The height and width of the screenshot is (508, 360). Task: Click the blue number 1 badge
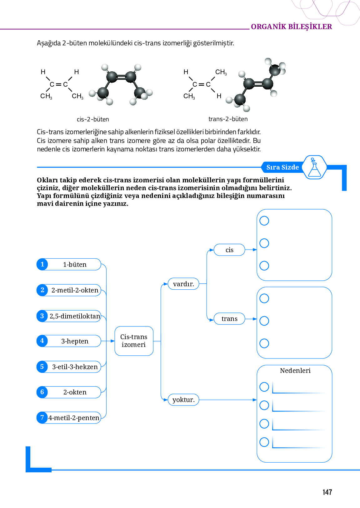tap(42, 264)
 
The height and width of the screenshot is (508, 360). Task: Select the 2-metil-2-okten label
tap(75, 290)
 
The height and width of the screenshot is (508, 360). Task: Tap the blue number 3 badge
tap(42, 316)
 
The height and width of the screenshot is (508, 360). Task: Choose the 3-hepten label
tap(75, 341)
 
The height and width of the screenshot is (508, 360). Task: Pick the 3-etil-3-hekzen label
tap(75, 367)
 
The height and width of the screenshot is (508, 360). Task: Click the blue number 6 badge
tap(42, 392)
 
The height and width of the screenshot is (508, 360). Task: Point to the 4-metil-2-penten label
tap(74, 418)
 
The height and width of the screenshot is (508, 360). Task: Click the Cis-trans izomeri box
tap(134, 341)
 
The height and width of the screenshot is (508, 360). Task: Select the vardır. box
tap(183, 284)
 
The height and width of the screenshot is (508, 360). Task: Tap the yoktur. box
tap(183, 400)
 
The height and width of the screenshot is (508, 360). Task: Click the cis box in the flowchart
tap(229, 250)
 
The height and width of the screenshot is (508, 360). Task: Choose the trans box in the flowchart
tap(229, 319)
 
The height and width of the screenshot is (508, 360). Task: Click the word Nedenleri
tap(295, 371)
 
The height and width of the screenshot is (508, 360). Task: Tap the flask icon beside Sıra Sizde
tap(314, 168)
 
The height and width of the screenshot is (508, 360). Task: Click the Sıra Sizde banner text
tap(282, 167)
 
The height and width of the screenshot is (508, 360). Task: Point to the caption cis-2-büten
tap(93, 119)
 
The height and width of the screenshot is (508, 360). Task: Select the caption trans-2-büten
tap(228, 119)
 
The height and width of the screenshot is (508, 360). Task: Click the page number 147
tap(327, 492)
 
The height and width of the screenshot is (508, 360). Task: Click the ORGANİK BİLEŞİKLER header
tap(291, 27)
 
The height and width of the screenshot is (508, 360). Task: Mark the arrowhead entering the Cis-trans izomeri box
tap(113, 341)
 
